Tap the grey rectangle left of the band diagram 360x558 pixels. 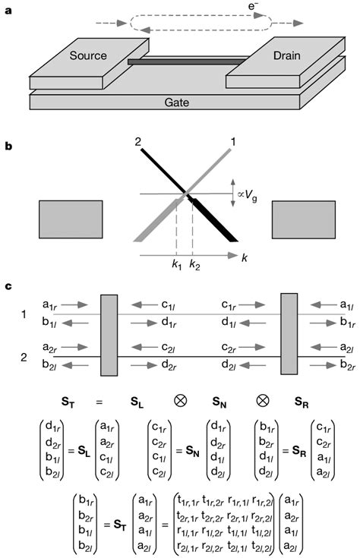67,220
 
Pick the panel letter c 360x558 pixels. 8,288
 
